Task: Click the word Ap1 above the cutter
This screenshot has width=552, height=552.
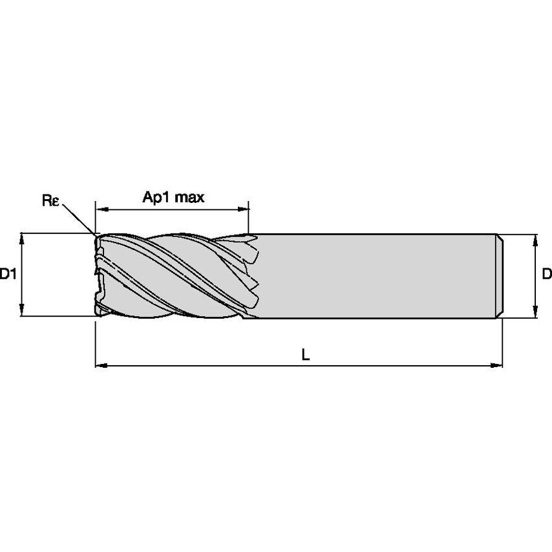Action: pos(156,197)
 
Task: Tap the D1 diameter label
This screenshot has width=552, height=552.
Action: pos(8,275)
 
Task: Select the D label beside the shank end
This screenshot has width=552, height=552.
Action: pos(546,275)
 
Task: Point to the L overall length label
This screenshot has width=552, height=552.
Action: pos(306,354)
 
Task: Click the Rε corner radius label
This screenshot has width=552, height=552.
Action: pos(51,201)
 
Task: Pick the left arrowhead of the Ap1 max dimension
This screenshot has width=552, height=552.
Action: pos(100,209)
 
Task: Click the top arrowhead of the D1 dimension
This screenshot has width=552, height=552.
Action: pos(23,237)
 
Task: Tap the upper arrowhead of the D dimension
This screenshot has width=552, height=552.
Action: pos(535,239)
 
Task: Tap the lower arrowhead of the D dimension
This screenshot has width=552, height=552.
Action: pos(535,313)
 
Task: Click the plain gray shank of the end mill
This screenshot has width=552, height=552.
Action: pos(375,276)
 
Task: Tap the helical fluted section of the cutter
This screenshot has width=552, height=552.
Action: pos(175,275)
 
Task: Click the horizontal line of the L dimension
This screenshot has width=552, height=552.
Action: pos(259,366)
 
